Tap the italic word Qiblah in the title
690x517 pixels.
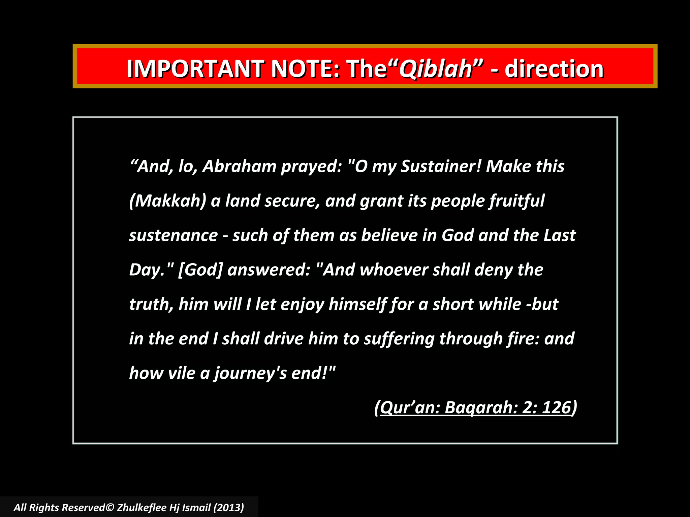pyautogui.click(x=436, y=69)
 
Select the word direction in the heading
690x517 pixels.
pyautogui.click(x=554, y=69)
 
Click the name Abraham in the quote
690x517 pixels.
pyautogui.click(x=239, y=166)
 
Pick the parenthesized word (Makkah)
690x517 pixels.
pyautogui.click(x=167, y=201)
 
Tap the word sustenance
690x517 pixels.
pyautogui.click(x=174, y=235)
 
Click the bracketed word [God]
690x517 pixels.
pyautogui.click(x=200, y=270)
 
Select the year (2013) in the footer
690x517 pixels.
pyautogui.click(x=228, y=508)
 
